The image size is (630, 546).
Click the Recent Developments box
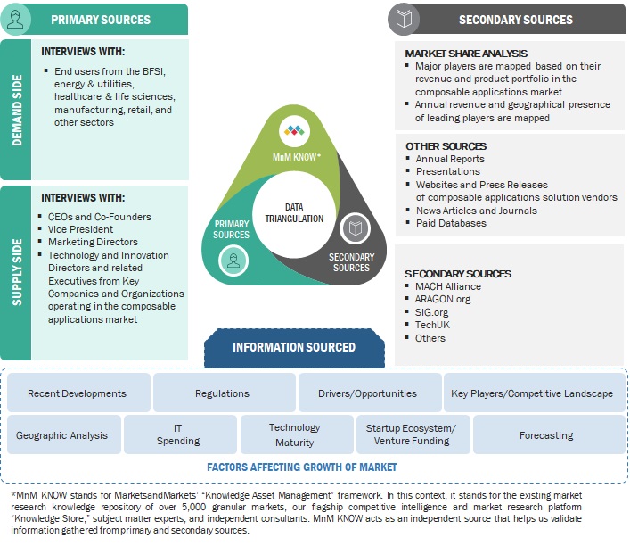point(77,393)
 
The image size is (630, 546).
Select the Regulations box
point(222,393)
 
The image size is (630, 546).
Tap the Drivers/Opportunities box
point(367,393)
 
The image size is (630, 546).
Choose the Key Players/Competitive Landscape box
point(531,393)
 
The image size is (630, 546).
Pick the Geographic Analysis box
point(61,435)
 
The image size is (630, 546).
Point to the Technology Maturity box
point(294,435)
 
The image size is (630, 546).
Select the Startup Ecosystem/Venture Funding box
point(411,435)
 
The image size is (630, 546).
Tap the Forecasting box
point(546,435)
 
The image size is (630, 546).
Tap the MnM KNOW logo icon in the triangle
point(293,131)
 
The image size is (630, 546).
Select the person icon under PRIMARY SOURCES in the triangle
point(233,260)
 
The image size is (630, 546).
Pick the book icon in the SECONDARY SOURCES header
point(405,18)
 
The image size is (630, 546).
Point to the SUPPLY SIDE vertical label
point(15,272)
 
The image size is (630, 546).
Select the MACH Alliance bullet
point(447,286)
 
